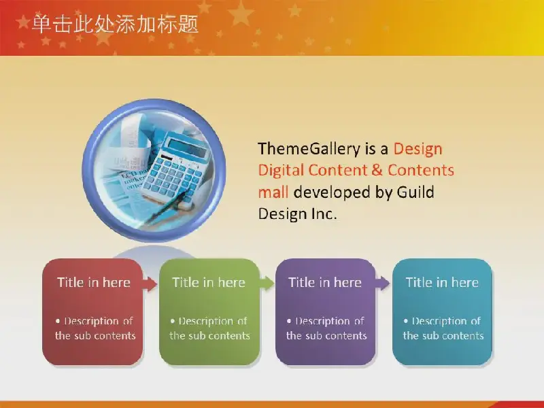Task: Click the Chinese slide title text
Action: (x=115, y=24)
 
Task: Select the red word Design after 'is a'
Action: (x=418, y=149)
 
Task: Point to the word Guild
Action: (x=415, y=192)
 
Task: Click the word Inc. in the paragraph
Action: (x=322, y=214)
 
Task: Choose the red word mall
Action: (x=273, y=192)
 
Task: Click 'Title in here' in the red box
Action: (x=94, y=282)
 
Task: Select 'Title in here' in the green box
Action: (x=209, y=282)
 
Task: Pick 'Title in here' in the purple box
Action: (x=325, y=282)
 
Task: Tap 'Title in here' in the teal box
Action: (x=443, y=282)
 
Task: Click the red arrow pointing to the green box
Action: (x=150, y=284)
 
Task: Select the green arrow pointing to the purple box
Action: (x=267, y=284)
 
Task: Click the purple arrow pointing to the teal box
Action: (x=382, y=284)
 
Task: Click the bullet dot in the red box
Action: (x=58, y=321)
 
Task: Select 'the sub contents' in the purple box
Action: (x=326, y=336)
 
